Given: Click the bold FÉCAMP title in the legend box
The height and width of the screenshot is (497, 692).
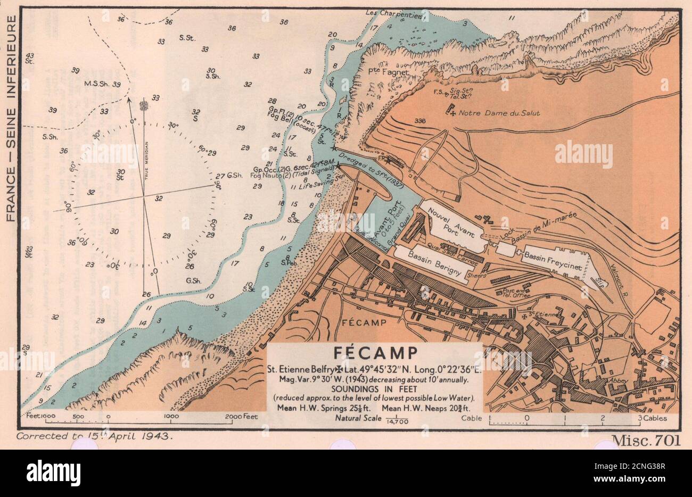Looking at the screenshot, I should point(375,353).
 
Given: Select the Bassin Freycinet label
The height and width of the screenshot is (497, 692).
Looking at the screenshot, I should point(553,261).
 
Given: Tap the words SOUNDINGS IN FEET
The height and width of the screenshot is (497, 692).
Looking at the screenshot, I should point(374,389).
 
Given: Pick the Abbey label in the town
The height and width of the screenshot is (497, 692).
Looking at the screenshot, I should point(620,381).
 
